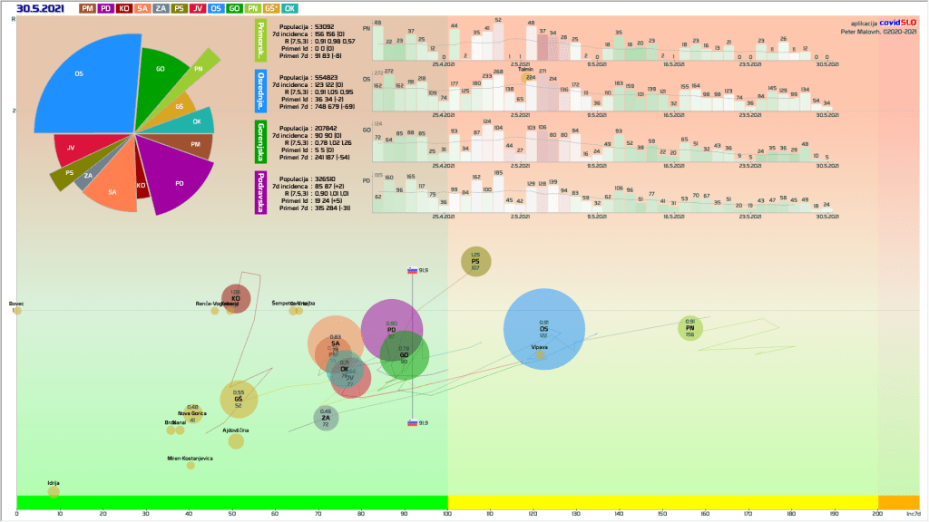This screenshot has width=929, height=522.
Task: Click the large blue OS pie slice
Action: [82, 91]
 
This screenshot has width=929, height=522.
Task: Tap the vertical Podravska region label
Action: [260, 193]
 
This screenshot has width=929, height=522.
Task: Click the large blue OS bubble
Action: [543, 330]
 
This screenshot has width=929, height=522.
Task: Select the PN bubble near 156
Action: [690, 327]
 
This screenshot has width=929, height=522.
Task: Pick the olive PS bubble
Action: [475, 262]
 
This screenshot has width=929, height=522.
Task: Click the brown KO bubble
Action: [236, 298]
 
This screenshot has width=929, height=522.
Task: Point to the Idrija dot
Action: [54, 490]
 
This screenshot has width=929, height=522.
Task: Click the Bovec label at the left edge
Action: [16, 304]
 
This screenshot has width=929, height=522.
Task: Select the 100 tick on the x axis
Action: [447, 515]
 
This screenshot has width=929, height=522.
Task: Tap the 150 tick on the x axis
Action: [662, 515]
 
